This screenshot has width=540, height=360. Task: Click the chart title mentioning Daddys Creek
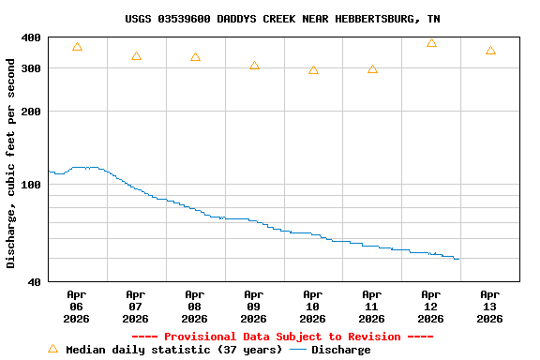tap(282, 19)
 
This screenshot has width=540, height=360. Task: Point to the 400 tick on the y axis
tap(31, 37)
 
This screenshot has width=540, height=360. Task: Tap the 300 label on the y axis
tap(31, 68)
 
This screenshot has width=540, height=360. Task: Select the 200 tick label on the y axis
tap(31, 112)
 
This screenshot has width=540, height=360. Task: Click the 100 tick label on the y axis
tap(31, 185)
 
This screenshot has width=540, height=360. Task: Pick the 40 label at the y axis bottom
tap(34, 282)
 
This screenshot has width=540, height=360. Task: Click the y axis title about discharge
tap(11, 164)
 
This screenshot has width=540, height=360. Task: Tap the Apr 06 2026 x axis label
tap(77, 307)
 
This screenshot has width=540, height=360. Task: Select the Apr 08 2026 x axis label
tap(195, 307)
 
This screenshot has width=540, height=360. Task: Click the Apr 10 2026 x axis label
tap(313, 307)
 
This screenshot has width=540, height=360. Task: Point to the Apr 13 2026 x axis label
tap(489, 307)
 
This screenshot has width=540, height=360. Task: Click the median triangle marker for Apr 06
tap(77, 47)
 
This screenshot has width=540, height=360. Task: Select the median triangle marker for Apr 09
tap(254, 66)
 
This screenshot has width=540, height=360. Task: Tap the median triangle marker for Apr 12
tap(431, 43)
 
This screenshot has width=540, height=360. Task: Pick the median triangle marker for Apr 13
tap(490, 51)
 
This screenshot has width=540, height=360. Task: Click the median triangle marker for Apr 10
tap(313, 70)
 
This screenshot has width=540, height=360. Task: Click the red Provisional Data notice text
tap(282, 337)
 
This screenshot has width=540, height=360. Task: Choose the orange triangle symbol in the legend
tap(52, 349)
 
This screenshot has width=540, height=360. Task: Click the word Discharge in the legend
tap(340, 350)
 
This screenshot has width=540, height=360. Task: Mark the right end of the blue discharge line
tap(458, 259)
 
